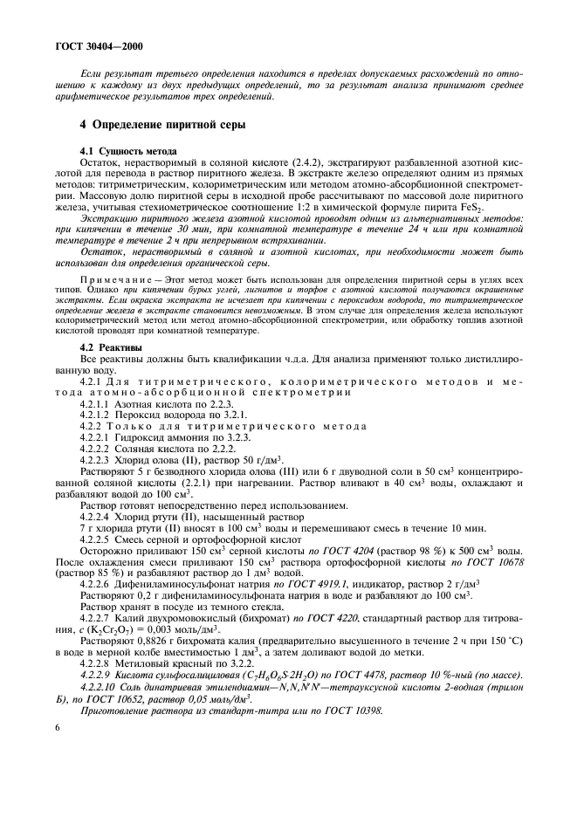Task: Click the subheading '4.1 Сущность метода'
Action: (128, 150)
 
